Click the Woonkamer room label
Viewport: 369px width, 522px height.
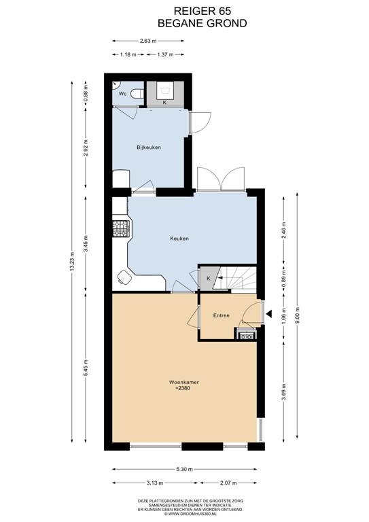tap(183, 382)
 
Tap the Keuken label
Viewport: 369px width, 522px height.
tap(179, 239)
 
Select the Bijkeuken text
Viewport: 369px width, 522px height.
tap(149, 147)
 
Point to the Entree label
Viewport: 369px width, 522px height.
tap(222, 315)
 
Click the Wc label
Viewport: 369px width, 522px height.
tap(123, 94)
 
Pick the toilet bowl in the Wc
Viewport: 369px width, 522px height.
tap(137, 94)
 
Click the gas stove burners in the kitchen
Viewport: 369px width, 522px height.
tap(120, 229)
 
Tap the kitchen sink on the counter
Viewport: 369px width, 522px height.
tap(124, 277)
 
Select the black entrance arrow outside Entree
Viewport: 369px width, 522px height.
tap(269, 313)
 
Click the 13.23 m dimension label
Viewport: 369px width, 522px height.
tap(72, 262)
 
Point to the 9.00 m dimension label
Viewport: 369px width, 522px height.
tap(297, 315)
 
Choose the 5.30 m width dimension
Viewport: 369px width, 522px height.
tap(184, 470)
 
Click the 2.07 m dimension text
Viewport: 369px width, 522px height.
tap(228, 483)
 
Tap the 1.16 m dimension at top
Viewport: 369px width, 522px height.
tap(128, 54)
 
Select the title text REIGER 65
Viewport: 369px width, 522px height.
tap(203, 12)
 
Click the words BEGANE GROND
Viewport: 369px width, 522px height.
tap(203, 23)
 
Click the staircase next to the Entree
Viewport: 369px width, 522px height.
tap(235, 278)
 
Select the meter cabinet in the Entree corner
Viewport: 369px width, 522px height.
tap(247, 334)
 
